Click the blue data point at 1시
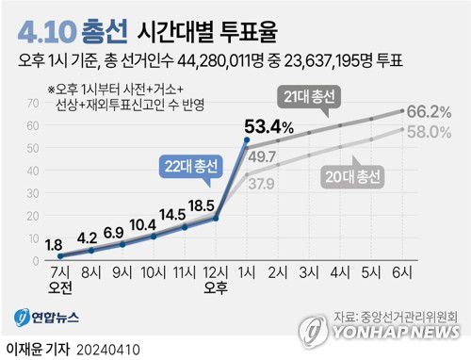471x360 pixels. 247,140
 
